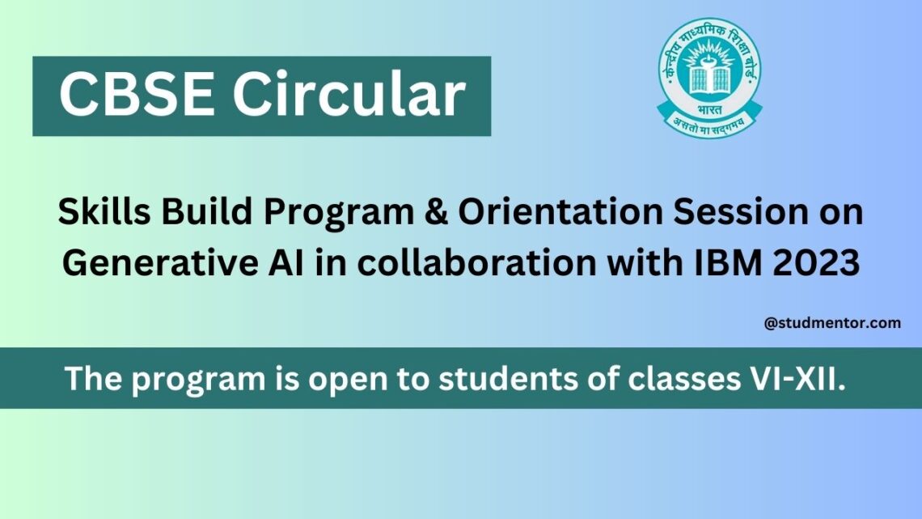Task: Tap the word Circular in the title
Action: pos(349,96)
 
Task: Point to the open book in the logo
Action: pos(709,79)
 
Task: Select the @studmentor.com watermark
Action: pos(831,323)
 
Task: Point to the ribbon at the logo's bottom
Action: pos(709,124)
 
